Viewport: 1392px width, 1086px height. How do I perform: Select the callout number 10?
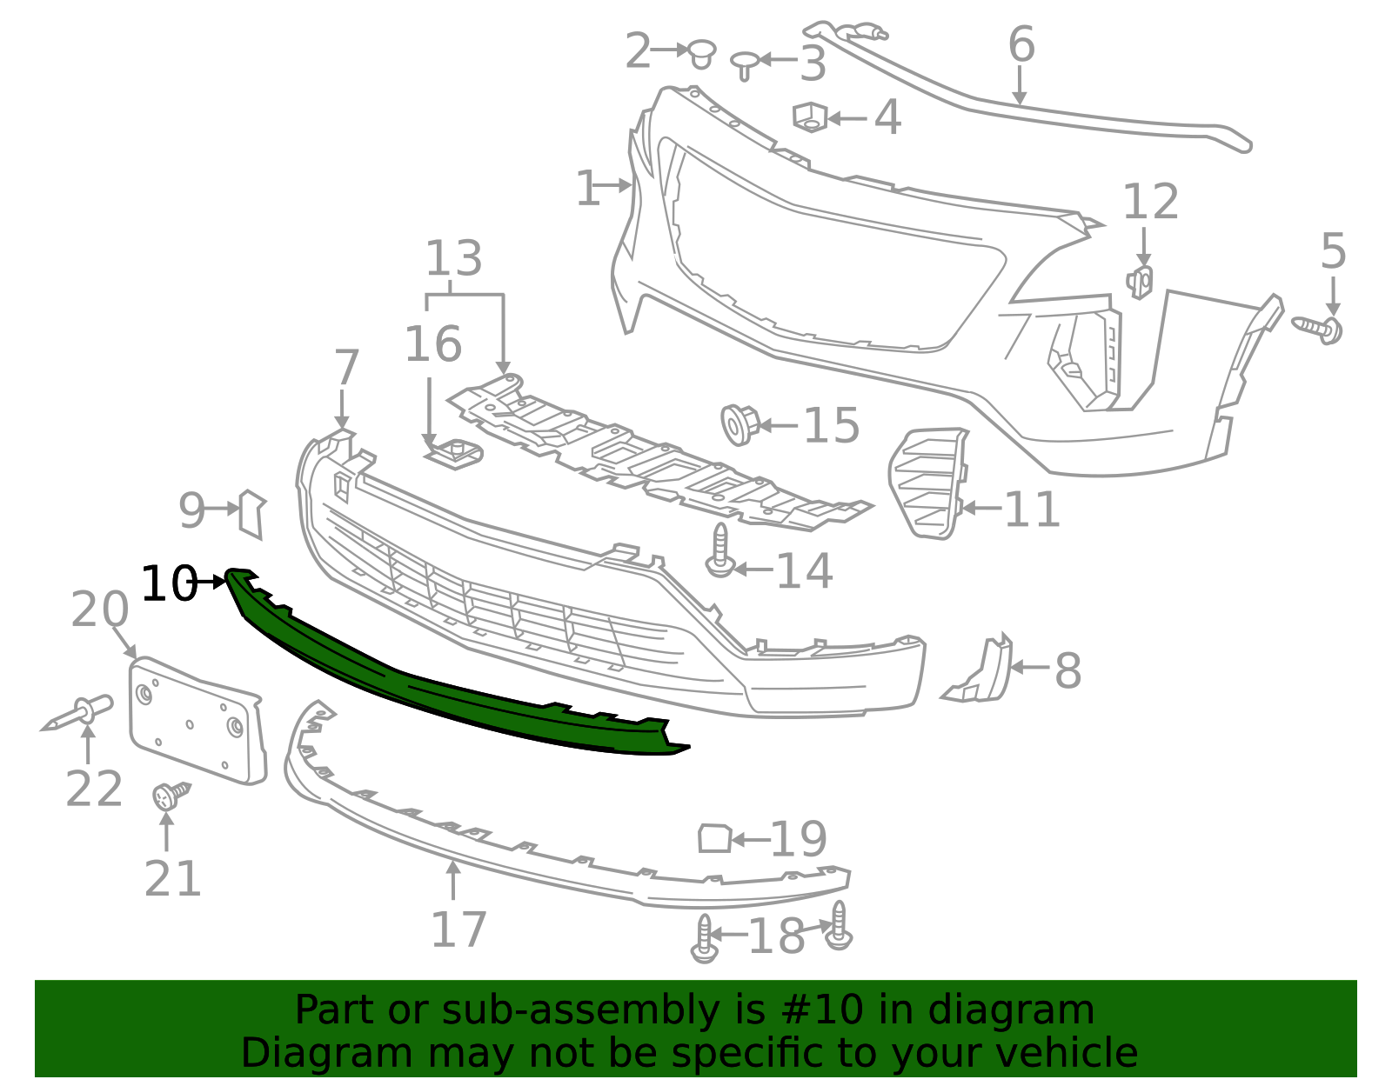pos(168,583)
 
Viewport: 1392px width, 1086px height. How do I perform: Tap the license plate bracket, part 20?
pos(196,719)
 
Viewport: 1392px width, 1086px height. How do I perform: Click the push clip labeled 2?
pos(701,53)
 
